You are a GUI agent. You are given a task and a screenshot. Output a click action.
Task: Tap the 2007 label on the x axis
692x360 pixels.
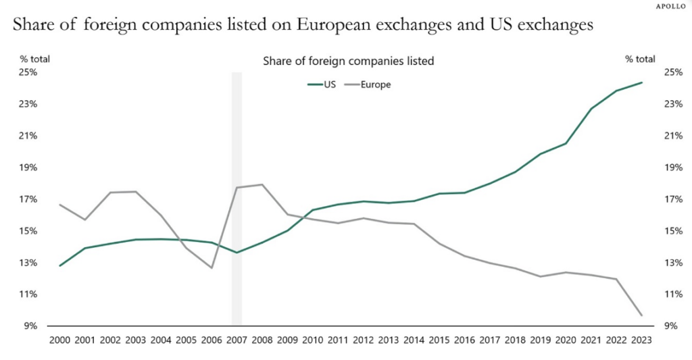pos(237,340)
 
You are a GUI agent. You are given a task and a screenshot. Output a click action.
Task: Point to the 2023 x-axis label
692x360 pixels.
pos(641,340)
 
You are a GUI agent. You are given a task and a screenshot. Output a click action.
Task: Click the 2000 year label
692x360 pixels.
pos(61,340)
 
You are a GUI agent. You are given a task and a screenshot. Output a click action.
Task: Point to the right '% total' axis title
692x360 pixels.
pos(640,59)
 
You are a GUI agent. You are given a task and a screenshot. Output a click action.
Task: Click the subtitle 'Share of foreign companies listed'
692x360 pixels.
pos(348,61)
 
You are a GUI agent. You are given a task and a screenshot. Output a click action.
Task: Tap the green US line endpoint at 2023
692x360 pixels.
pos(641,82)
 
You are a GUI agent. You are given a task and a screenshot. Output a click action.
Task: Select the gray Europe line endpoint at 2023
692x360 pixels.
pos(641,315)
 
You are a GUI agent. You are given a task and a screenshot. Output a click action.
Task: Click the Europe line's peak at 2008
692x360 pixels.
pos(262,184)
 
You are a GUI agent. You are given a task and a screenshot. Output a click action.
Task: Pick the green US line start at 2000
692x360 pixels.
pos(61,265)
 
